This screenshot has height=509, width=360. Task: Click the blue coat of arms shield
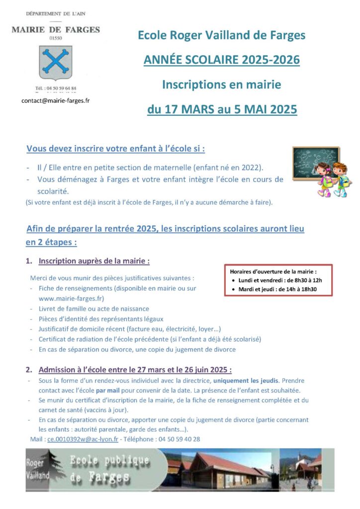point(56,63)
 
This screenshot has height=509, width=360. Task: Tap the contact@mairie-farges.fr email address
point(56,100)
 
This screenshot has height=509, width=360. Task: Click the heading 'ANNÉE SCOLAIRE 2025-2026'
point(221,60)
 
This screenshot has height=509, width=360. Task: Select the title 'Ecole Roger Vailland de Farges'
point(221,35)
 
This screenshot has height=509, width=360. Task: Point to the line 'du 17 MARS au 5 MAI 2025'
point(222,109)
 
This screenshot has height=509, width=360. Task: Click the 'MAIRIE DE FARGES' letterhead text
point(56,30)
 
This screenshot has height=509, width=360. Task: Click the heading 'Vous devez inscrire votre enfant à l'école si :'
point(115,148)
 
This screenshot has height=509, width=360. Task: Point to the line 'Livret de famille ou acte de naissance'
point(93,309)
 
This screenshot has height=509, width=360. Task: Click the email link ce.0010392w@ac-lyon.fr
point(83,439)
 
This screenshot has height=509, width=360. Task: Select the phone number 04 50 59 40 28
point(179,439)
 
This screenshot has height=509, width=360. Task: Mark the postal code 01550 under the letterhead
point(56,38)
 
